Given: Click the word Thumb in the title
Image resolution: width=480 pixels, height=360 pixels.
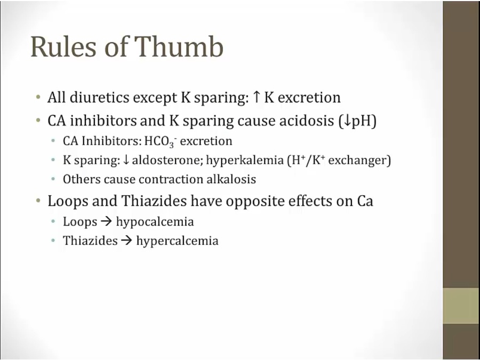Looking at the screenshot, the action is pyautogui.click(x=179, y=46).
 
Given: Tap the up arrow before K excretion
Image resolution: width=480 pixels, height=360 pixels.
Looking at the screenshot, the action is pyautogui.click(x=256, y=98).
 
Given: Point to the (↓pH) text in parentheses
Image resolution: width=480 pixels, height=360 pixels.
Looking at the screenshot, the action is pyautogui.click(x=357, y=121).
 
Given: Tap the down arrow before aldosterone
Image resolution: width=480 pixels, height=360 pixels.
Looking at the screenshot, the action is pyautogui.click(x=125, y=161).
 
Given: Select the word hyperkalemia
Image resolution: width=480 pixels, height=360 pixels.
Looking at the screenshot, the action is pyautogui.click(x=245, y=161).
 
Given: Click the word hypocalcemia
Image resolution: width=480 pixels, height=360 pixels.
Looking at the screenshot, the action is pyautogui.click(x=155, y=222).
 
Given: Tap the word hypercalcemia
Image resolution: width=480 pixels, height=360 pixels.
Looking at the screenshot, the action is pyautogui.click(x=178, y=241).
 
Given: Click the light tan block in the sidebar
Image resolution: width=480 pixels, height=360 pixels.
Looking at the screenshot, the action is pyautogui.click(x=461, y=306).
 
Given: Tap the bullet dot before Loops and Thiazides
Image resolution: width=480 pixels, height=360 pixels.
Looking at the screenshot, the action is pyautogui.click(x=38, y=201).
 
